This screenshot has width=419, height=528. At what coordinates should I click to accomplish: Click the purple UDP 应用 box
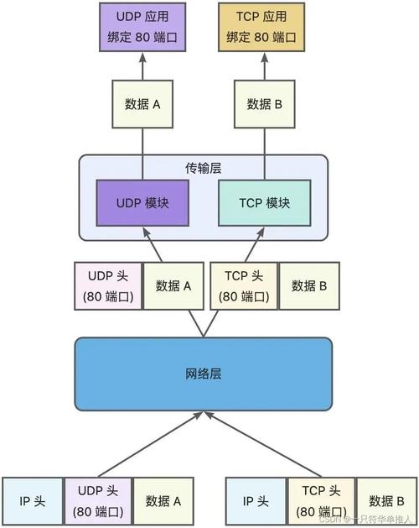pos(142,27)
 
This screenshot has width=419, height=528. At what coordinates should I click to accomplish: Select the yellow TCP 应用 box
pos(259,27)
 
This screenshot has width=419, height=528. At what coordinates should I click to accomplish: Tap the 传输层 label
pos(204,167)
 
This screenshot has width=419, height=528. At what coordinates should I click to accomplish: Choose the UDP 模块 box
pos(142,203)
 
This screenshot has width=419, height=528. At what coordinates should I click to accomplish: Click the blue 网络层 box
pos(204,373)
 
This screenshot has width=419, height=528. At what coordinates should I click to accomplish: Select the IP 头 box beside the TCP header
pos(256,501)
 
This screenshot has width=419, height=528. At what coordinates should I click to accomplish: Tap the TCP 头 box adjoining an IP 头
pos(321,501)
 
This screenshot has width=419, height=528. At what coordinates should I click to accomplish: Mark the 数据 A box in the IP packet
pos(163,501)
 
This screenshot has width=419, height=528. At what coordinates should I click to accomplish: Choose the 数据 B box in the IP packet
pos(385,501)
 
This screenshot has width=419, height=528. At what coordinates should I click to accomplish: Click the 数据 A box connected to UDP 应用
pos(142,104)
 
